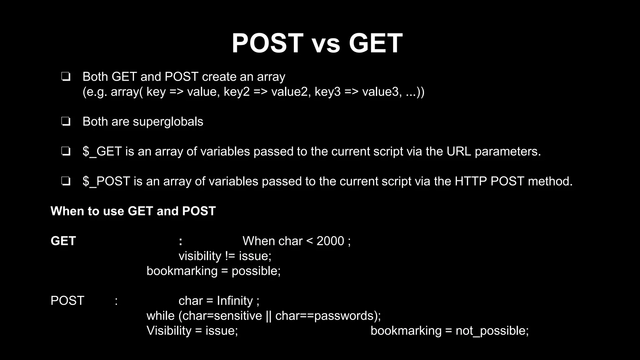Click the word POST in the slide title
pos(267,43)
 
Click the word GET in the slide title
pos(375,43)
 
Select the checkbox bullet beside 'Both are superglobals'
pos(66,122)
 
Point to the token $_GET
pos(102,152)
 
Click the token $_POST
pos(106,182)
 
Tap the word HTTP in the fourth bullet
pos(471,182)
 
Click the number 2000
pos(330,241)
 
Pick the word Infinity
pos(235,301)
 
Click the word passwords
pos(344,316)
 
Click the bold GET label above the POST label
pos(63,241)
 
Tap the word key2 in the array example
pos(237,92)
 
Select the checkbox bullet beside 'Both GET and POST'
pos(66,77)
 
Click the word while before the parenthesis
pos(160,316)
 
